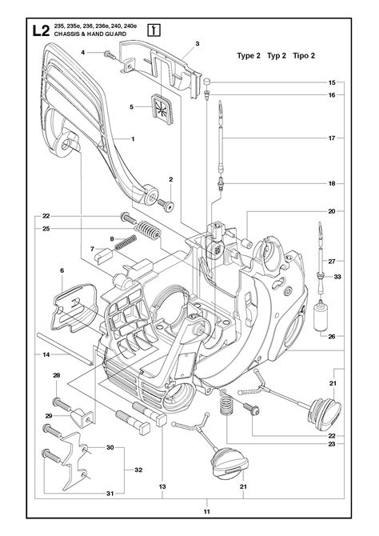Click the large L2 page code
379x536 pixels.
(40, 33)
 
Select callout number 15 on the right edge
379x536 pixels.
(331, 83)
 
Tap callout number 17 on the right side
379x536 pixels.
(331, 138)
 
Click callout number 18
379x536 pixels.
(331, 183)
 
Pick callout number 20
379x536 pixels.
(331, 211)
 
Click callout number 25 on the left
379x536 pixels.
(46, 229)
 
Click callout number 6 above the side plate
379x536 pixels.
(62, 271)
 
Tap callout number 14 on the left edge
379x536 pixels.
(46, 354)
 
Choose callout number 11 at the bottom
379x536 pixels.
(205, 512)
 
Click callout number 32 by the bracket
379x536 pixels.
(138, 470)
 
